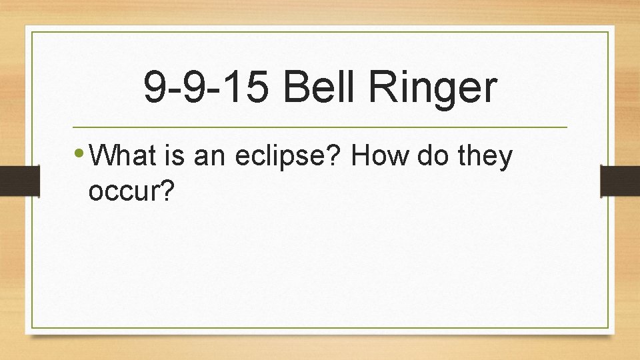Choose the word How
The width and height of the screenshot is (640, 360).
click(x=383, y=157)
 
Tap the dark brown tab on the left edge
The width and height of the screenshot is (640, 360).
click(x=13, y=180)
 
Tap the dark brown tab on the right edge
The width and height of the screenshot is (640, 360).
click(x=619, y=180)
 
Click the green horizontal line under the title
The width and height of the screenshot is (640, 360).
click(x=319, y=127)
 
